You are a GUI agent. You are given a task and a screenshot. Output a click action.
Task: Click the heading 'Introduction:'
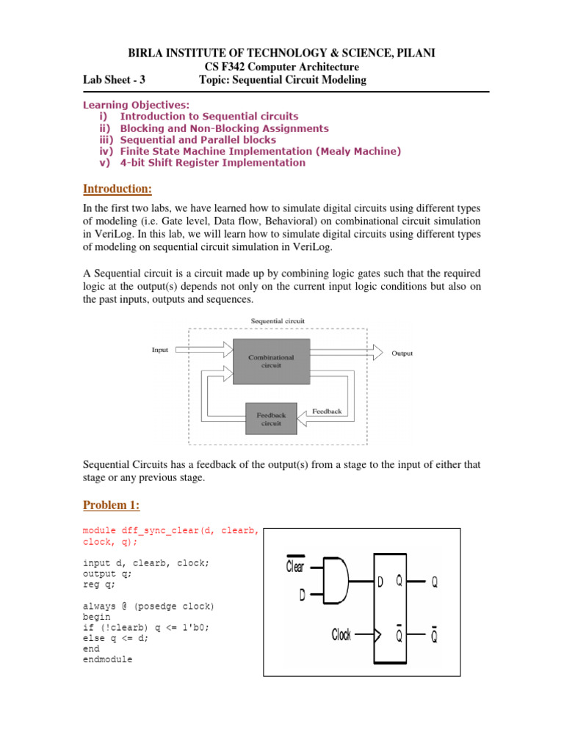pyautogui.click(x=117, y=189)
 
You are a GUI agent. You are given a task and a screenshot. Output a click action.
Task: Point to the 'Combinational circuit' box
pyautogui.click(x=271, y=362)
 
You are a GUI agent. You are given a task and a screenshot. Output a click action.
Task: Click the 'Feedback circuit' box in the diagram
pyautogui.click(x=271, y=419)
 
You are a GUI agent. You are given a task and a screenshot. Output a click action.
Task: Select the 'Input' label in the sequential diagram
pyautogui.click(x=160, y=350)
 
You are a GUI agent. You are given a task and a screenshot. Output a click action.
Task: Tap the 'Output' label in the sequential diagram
pyautogui.click(x=402, y=353)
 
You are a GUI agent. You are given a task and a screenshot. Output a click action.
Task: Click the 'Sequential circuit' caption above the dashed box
pyautogui.click(x=278, y=321)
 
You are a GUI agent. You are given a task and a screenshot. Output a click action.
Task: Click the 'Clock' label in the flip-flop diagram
pyautogui.click(x=341, y=634)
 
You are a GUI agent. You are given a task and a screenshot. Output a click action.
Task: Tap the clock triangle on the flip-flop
pyautogui.click(x=377, y=635)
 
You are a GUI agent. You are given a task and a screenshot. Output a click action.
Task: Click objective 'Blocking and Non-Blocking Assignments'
pyautogui.click(x=224, y=128)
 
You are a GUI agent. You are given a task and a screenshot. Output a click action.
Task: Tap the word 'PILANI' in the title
pyautogui.click(x=415, y=54)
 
